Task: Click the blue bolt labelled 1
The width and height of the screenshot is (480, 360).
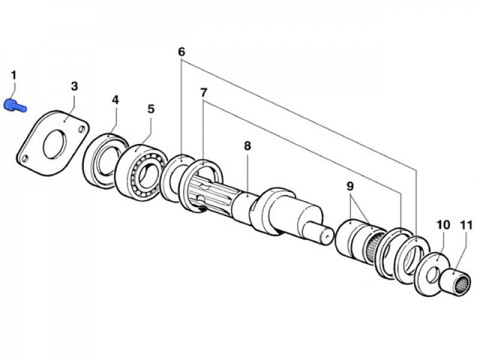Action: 14,107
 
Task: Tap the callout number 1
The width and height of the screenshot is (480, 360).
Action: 14,76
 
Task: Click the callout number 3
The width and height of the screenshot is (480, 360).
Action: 74,86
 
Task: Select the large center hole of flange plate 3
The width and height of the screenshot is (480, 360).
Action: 55,142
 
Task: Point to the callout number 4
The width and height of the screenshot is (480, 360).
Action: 115,99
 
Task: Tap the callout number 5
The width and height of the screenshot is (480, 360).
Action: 151,109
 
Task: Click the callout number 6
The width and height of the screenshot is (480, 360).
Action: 182,52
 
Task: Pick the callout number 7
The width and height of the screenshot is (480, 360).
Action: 203,93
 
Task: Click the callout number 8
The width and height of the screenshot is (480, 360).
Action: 247,146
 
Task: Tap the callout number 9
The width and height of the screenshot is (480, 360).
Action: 350,186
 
